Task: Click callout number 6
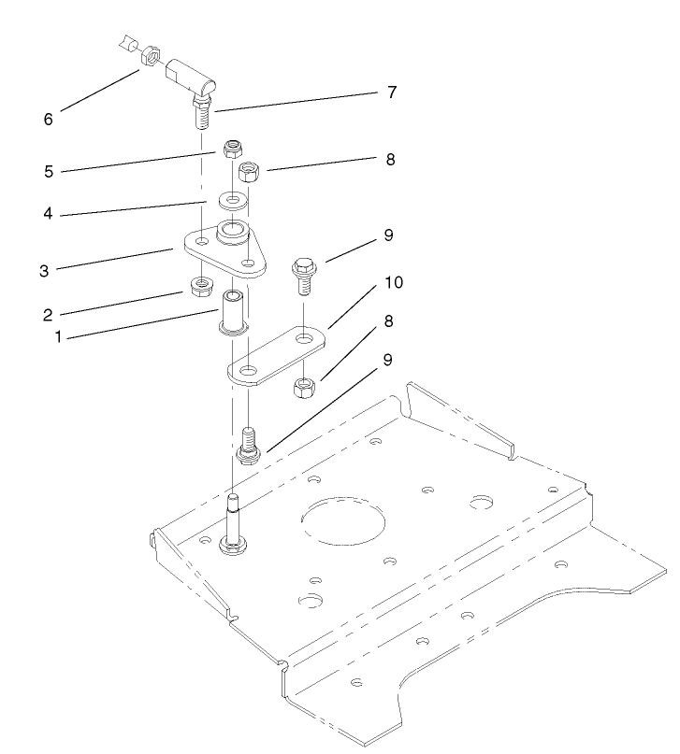point(49,120)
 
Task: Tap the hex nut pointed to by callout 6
point(148,59)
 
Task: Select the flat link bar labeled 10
point(276,353)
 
